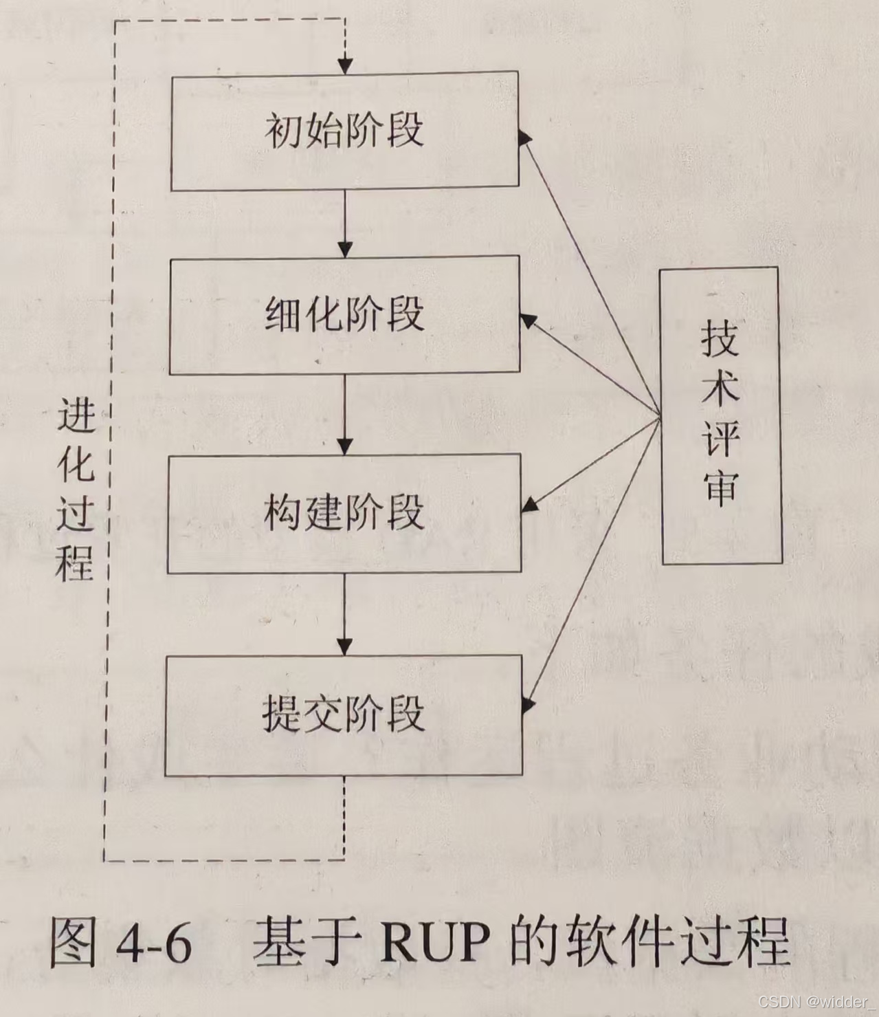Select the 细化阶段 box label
point(344,314)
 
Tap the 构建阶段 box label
point(344,512)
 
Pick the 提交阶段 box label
point(344,714)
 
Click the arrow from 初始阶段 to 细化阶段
point(345,223)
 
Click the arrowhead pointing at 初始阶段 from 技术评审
point(525,137)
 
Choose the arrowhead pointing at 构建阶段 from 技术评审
point(529,506)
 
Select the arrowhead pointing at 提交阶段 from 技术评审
point(528,703)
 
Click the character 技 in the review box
point(720,339)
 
